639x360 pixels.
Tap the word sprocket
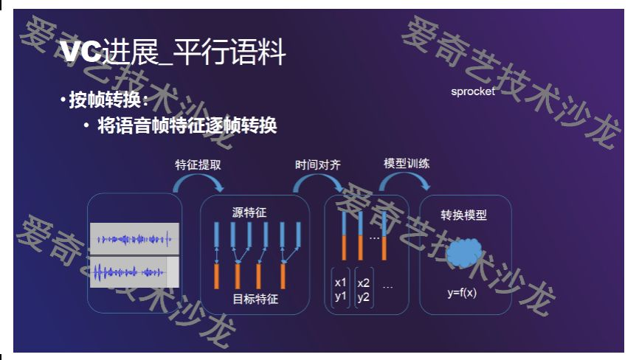tap(473, 92)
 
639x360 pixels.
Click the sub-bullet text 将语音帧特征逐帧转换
tap(187, 126)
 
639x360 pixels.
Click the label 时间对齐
tap(317, 164)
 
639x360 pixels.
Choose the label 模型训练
tap(407, 163)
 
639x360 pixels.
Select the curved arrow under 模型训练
tap(407, 181)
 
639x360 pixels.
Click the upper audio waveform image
tap(134, 239)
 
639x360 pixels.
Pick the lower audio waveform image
tap(134, 271)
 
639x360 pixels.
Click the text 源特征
tap(249, 212)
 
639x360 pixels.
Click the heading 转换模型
tap(464, 215)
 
